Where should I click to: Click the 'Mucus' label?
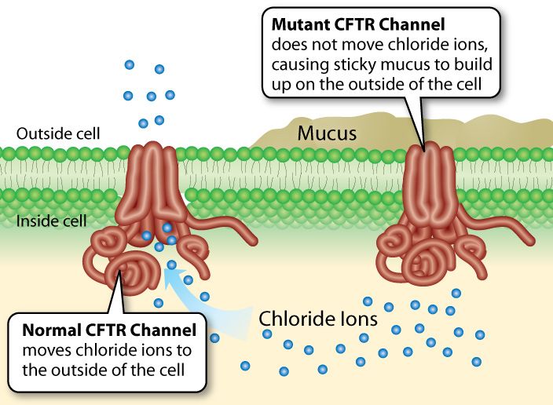click(327, 133)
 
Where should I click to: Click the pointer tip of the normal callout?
click(123, 272)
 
